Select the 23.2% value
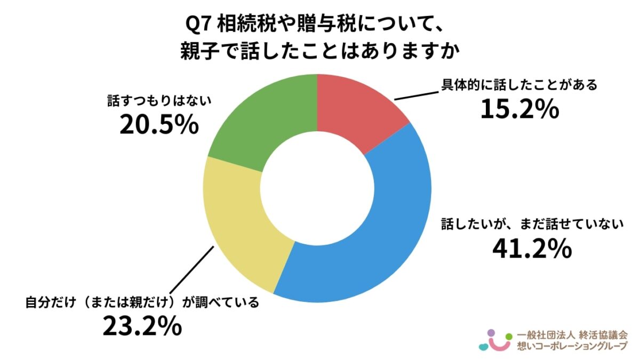(142, 326)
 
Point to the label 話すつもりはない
(153, 101)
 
